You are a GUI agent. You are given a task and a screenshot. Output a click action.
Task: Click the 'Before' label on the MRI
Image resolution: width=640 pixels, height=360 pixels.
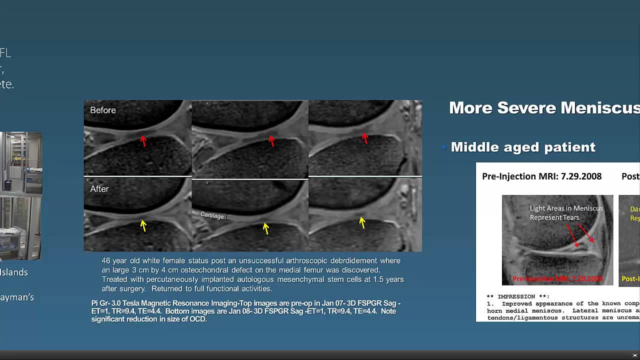(x=102, y=110)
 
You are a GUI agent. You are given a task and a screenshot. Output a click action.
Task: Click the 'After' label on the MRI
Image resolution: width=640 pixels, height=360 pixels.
(x=99, y=189)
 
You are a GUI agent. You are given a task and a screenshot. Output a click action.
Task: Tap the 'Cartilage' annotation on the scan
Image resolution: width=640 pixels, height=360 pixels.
(x=212, y=215)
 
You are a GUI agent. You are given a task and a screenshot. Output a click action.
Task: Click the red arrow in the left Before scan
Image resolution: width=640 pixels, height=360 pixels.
(x=143, y=141)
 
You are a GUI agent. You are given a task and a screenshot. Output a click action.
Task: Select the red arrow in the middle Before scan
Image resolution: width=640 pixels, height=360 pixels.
(x=271, y=141)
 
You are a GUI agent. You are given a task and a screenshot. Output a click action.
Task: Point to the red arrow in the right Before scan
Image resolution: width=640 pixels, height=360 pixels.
(x=364, y=138)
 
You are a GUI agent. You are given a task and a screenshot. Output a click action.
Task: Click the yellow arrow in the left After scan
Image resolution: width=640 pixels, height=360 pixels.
(x=143, y=225)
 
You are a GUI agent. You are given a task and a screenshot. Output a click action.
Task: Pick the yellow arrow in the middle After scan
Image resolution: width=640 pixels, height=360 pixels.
(x=265, y=228)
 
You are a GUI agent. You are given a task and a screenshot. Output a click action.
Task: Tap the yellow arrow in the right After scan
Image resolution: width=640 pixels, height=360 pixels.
(x=362, y=222)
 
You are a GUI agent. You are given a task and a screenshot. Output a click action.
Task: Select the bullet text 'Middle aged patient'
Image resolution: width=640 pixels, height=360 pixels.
(x=523, y=147)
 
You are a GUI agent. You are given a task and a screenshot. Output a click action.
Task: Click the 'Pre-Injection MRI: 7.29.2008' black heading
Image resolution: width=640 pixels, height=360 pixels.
(x=541, y=176)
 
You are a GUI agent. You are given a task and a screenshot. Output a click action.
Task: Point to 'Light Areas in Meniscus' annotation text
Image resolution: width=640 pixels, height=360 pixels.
(x=566, y=208)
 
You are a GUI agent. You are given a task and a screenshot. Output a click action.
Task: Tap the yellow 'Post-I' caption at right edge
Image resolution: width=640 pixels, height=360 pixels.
(x=630, y=279)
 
